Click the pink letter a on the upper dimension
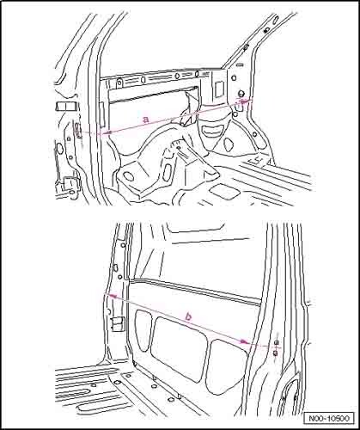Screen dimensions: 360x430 pyautogui.click(x=146, y=119)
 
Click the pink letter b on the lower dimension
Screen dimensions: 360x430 pyautogui.click(x=188, y=316)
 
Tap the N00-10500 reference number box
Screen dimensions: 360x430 pyautogui.click(x=329, y=418)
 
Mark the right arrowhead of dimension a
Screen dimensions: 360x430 pyautogui.click(x=243, y=101)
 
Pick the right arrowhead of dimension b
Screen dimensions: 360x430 pyautogui.click(x=244, y=341)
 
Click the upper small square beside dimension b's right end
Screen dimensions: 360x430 pyautogui.click(x=277, y=342)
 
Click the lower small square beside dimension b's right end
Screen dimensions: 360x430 pyautogui.click(x=275, y=353)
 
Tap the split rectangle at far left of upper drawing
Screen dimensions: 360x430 pyautogui.click(x=65, y=107)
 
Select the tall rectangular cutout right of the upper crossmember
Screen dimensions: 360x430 pyautogui.click(x=218, y=89)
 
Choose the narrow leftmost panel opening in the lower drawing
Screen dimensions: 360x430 pyautogui.click(x=143, y=330)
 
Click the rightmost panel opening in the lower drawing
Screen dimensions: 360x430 pyautogui.click(x=229, y=365)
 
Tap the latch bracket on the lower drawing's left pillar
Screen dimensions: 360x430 pyautogui.click(x=118, y=324)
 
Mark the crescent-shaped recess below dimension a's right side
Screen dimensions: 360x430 pyautogui.click(x=212, y=130)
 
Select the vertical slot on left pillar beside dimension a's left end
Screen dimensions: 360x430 pyautogui.click(x=77, y=130)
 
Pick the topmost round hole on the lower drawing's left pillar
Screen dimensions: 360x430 pyautogui.click(x=124, y=245)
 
